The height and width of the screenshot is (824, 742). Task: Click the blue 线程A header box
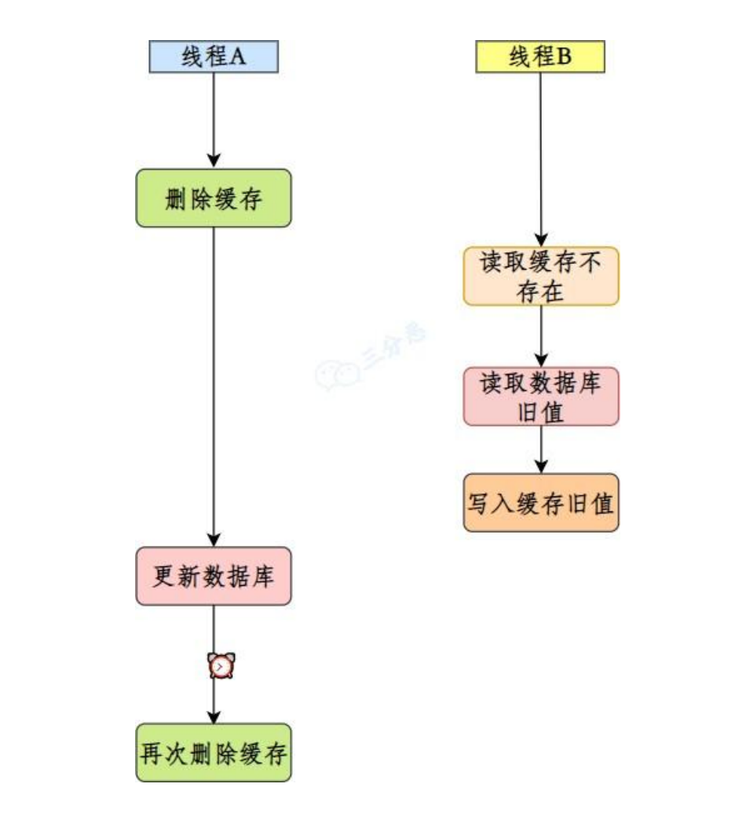click(214, 57)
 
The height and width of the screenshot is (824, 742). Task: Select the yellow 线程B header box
click(540, 57)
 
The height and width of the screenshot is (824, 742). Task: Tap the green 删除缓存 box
click(214, 199)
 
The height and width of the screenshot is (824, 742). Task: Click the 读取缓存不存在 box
click(540, 276)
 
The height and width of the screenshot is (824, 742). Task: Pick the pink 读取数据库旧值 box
click(540, 397)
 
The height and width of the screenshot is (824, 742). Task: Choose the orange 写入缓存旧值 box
click(540, 503)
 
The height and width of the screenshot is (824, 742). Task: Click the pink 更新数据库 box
click(214, 577)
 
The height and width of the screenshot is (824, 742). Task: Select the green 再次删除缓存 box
click(214, 753)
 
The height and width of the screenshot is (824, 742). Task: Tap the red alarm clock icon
click(221, 666)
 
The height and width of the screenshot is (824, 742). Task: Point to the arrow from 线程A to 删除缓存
click(214, 118)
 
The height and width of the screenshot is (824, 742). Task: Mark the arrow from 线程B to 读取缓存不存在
click(540, 157)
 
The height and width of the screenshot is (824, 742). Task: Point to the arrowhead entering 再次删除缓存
click(214, 716)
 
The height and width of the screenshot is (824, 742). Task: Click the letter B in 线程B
click(564, 57)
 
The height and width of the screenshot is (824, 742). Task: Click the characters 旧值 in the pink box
click(540, 411)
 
